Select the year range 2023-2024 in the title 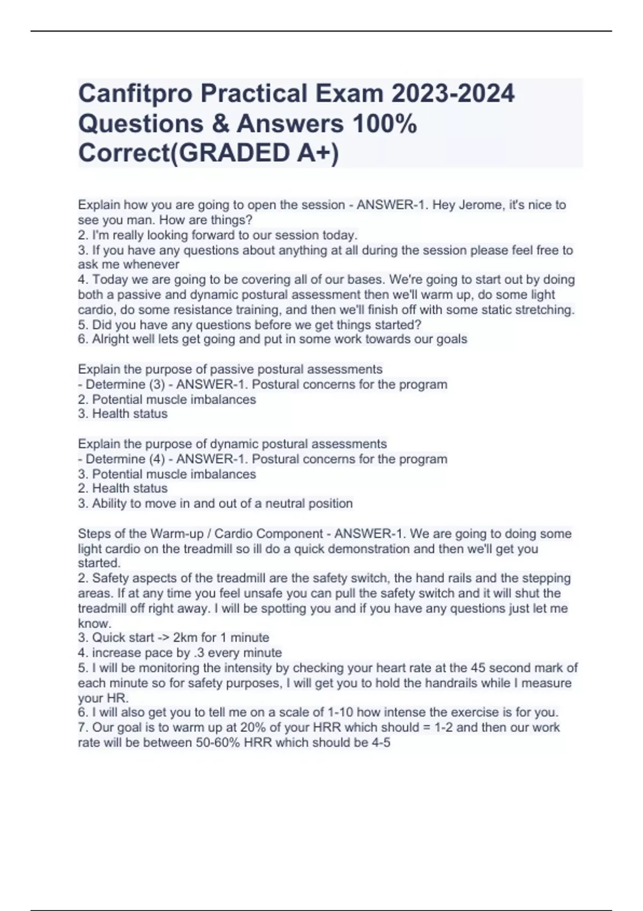(x=453, y=93)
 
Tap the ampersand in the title (x=219, y=123)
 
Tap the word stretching (x=544, y=310)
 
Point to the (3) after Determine (x=155, y=385)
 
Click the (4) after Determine (x=155, y=459)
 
